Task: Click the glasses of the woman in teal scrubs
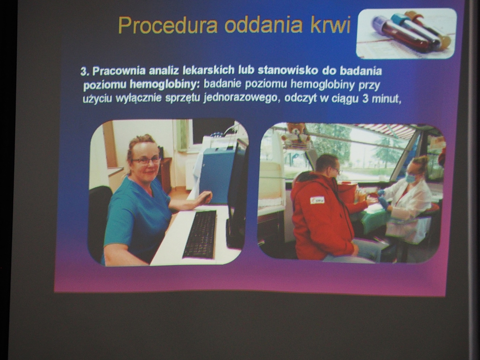[146, 161]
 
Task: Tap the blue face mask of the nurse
[410, 178]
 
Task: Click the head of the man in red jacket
[327, 165]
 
